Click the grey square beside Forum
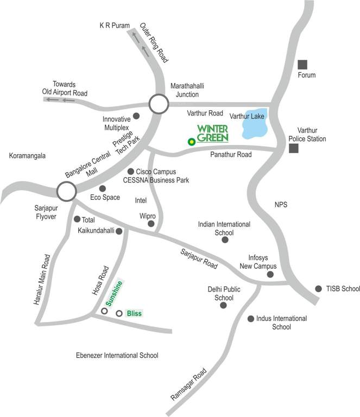[x=302, y=64]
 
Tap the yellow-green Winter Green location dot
[x=191, y=142]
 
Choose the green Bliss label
[x=134, y=313]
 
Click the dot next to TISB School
[x=318, y=288]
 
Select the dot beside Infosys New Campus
[x=270, y=275]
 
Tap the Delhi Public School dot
[x=223, y=306]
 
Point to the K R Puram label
[x=114, y=26]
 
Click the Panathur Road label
[x=231, y=155]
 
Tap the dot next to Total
[x=76, y=219]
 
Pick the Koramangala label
[x=27, y=156]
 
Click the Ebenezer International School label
[x=117, y=356]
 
